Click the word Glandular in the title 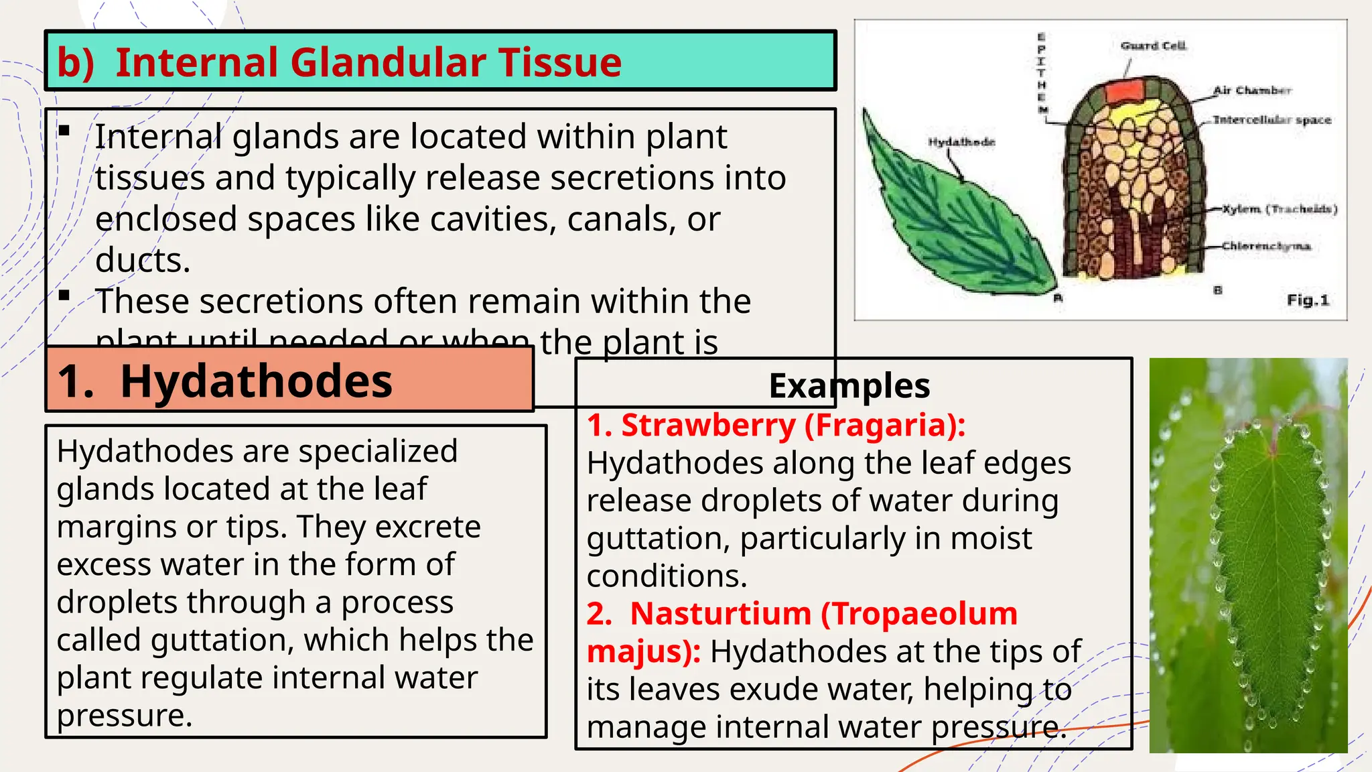coord(389,62)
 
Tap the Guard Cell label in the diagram coord(1153,46)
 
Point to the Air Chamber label coord(1252,90)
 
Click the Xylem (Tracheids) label coord(1280,209)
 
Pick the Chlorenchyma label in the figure coord(1265,246)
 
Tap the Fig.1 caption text coord(1307,300)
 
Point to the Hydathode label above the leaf coord(961,142)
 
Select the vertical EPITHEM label coord(1042,74)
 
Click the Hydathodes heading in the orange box coord(256,381)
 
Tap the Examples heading coord(849,386)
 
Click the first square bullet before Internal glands coord(64,131)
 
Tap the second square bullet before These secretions coord(64,295)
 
